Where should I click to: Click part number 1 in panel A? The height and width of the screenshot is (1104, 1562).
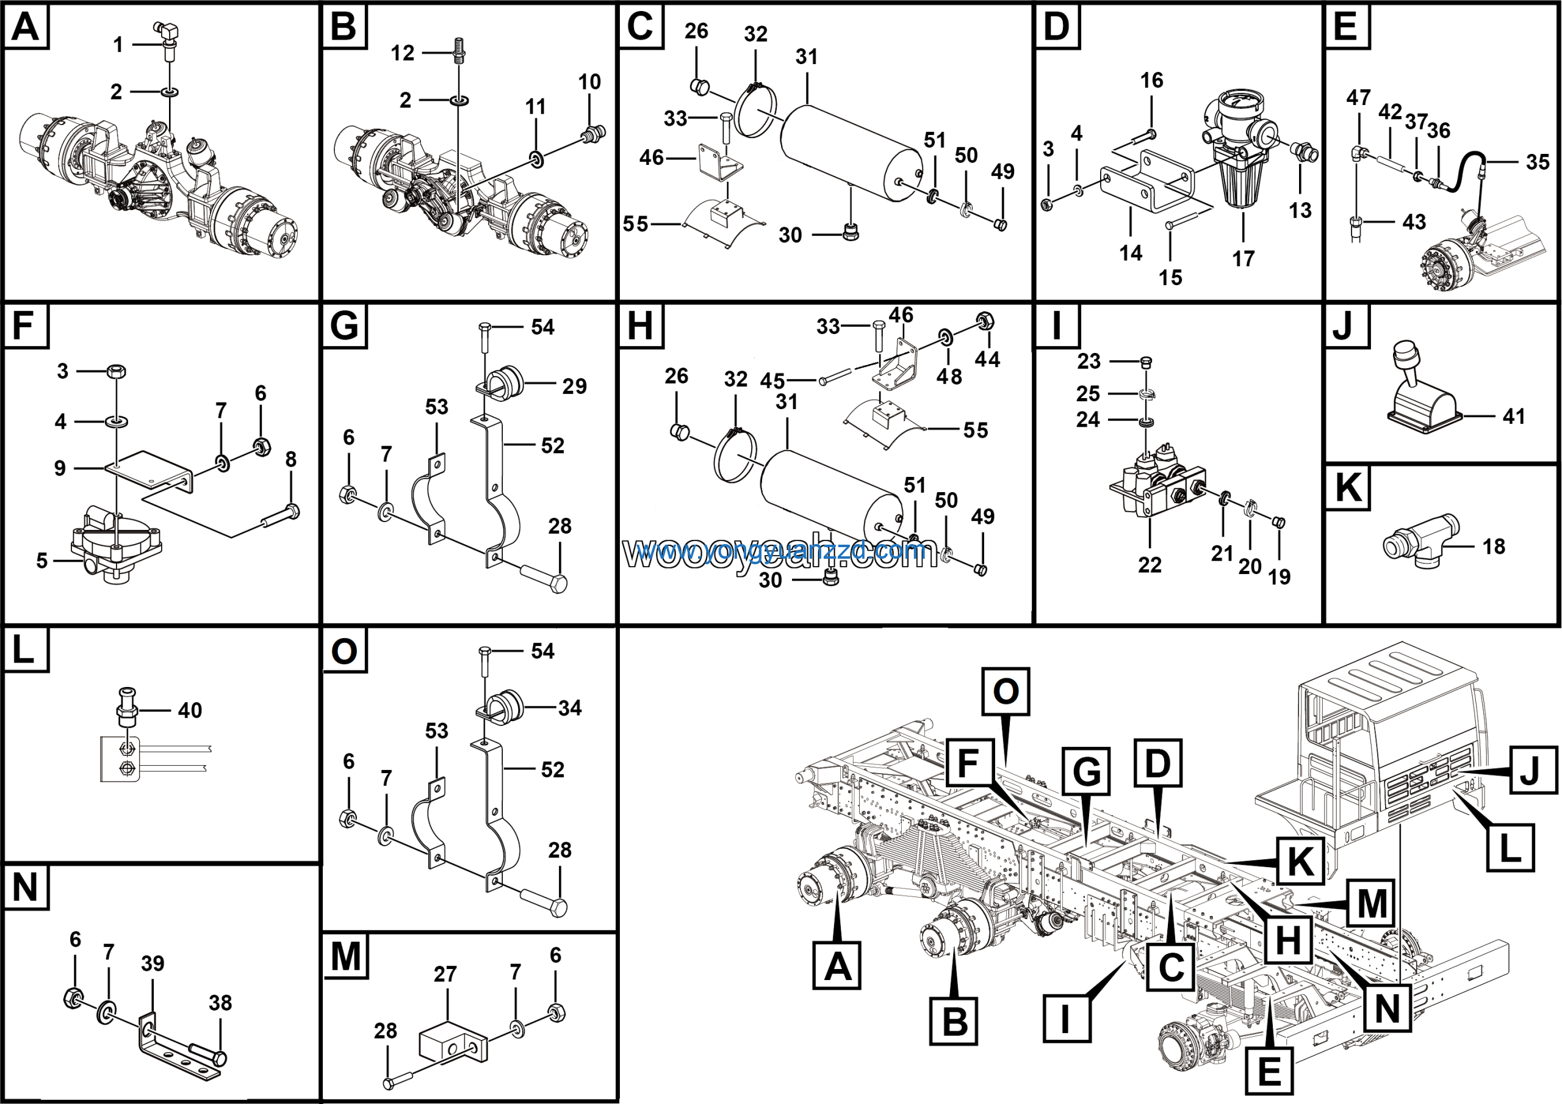pyautogui.click(x=118, y=45)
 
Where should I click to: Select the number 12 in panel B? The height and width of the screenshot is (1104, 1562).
pyautogui.click(x=402, y=53)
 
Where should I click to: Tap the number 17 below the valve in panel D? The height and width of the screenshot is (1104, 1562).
pyautogui.click(x=1243, y=259)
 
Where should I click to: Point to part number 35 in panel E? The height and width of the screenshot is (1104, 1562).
pyautogui.click(x=1538, y=162)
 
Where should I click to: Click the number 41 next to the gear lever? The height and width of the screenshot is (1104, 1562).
pyautogui.click(x=1514, y=416)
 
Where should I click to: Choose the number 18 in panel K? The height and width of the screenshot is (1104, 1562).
pyautogui.click(x=1494, y=546)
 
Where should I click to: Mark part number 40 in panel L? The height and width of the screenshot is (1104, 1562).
pyautogui.click(x=190, y=711)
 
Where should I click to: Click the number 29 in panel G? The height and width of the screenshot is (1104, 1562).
pyautogui.click(x=574, y=386)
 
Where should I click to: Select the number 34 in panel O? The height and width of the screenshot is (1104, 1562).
pyautogui.click(x=570, y=708)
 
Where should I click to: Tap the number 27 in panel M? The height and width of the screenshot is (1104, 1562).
pyautogui.click(x=445, y=974)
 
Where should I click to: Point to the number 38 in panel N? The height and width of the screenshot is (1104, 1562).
pyautogui.click(x=220, y=1003)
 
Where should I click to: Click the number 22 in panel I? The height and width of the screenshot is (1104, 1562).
pyautogui.click(x=1150, y=565)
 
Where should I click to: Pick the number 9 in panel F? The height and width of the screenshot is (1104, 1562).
pyautogui.click(x=60, y=468)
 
